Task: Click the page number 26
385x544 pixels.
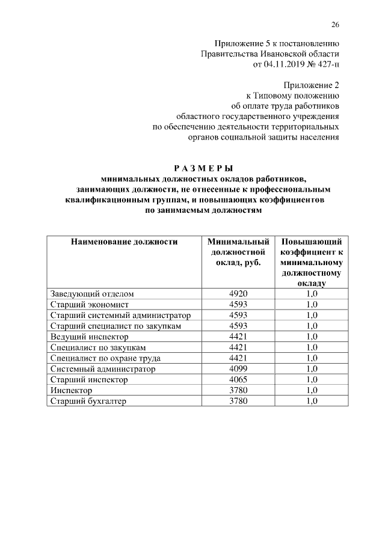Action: (335, 25)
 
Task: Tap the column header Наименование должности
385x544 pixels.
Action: (125, 242)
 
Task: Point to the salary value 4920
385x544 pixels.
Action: (238, 294)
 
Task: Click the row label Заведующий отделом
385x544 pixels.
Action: (92, 294)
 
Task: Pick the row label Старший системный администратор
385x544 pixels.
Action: (120, 315)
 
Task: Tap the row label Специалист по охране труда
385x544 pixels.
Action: (105, 358)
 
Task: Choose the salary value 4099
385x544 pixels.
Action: (238, 369)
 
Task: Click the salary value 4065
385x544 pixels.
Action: (238, 380)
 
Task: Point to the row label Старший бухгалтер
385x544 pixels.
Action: (88, 402)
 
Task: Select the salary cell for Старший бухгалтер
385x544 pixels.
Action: (238, 402)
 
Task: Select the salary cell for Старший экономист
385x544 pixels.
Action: (238, 305)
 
